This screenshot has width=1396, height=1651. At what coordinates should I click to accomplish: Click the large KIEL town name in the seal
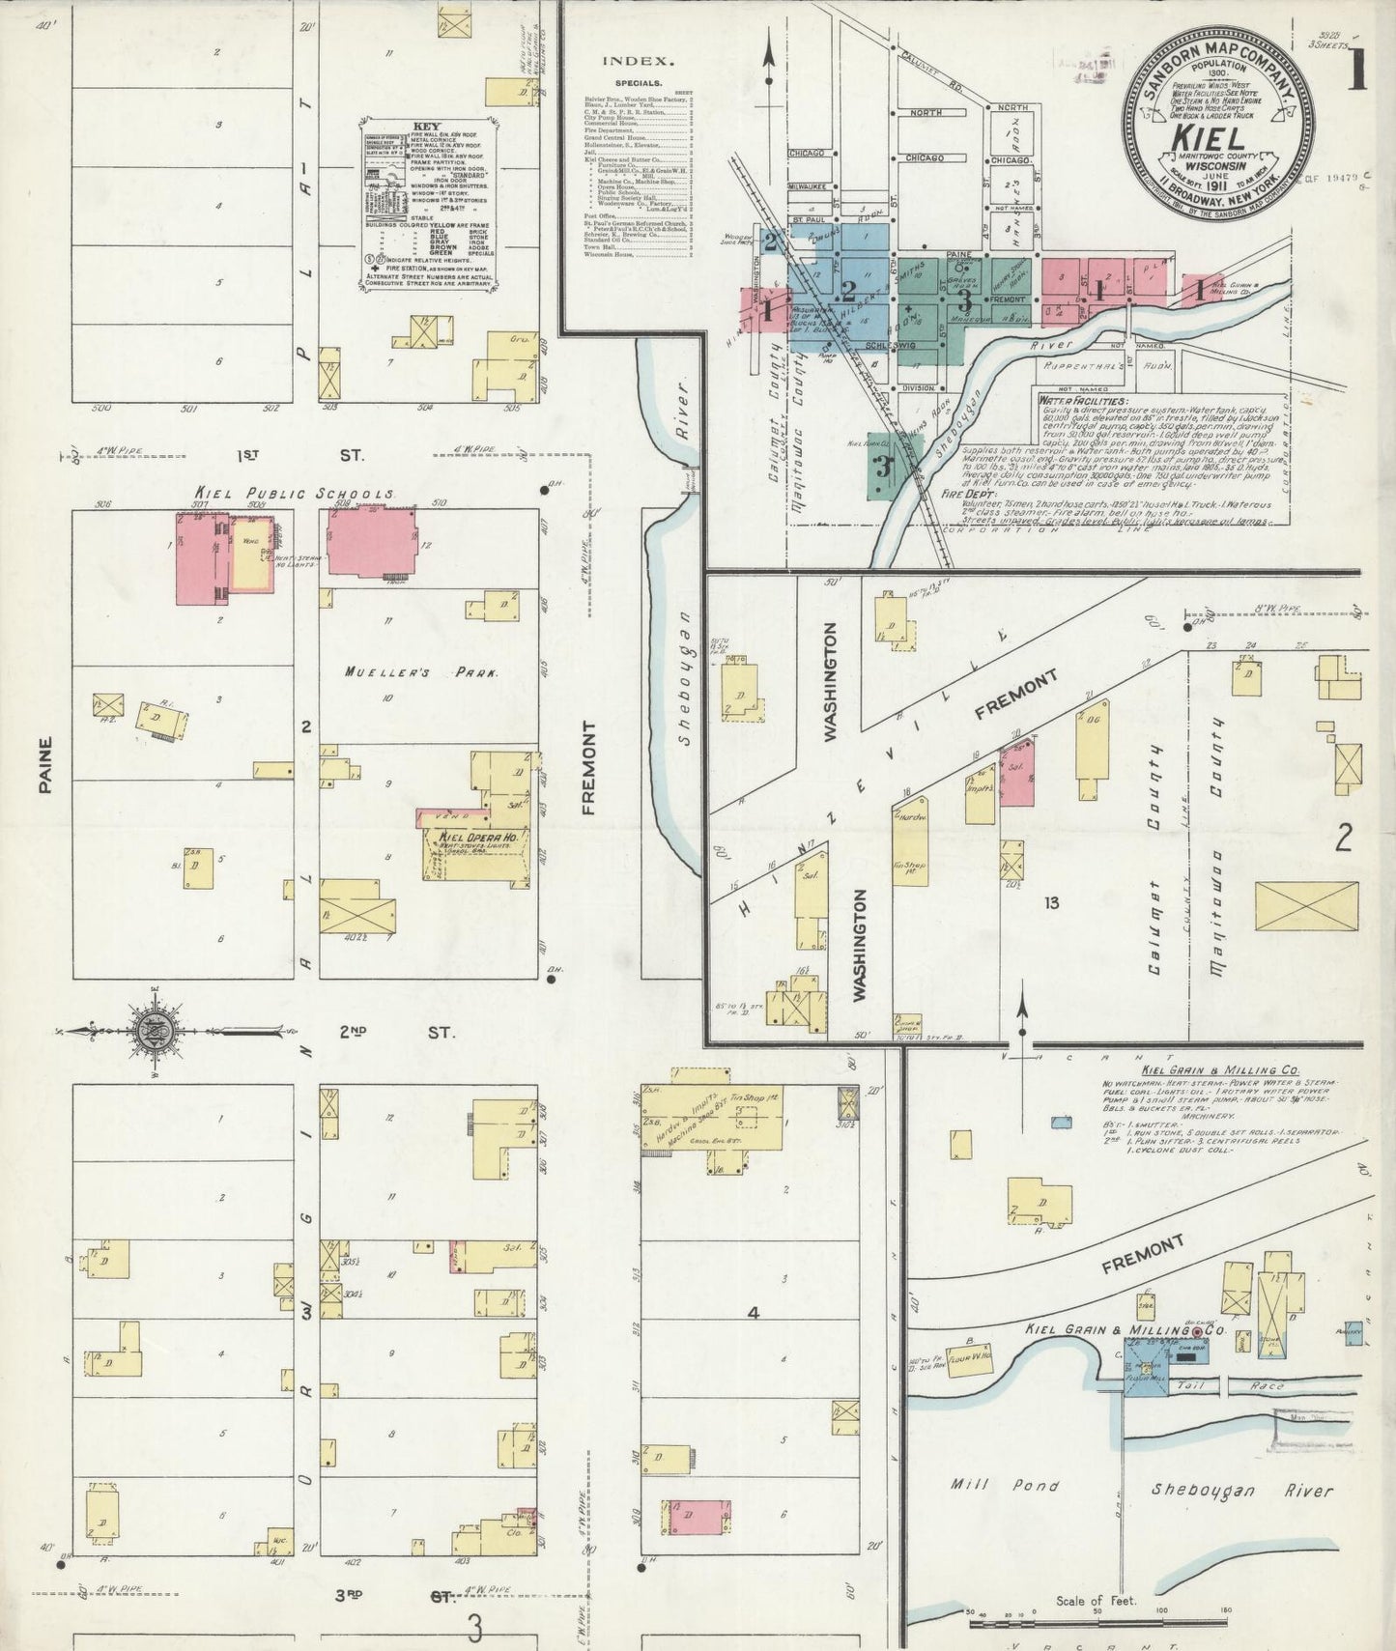point(1210,136)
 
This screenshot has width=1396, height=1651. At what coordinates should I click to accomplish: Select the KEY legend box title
point(426,127)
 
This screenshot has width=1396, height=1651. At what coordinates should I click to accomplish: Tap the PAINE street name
point(44,765)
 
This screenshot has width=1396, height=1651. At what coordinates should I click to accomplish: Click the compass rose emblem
point(153,1031)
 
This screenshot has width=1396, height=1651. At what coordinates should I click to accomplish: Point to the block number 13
point(1051,902)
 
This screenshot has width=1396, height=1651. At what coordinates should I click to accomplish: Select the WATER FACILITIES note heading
point(1082,399)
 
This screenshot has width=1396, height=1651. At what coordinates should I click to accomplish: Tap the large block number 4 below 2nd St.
point(754,1313)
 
